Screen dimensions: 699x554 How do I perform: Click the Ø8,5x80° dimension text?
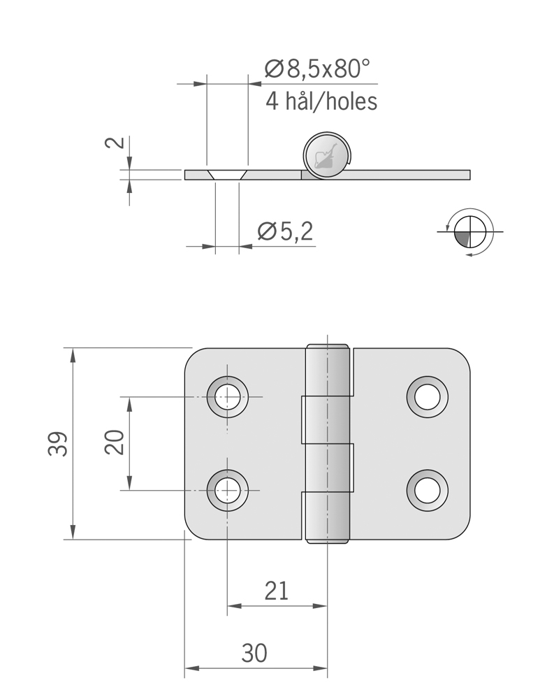point(316,69)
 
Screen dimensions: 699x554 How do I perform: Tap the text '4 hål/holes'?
point(321,101)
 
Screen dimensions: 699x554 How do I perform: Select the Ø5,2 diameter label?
point(285,231)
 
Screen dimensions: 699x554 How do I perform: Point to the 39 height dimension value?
point(59,444)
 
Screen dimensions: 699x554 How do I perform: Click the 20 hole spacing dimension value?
point(115,442)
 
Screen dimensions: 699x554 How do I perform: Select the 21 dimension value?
point(277,591)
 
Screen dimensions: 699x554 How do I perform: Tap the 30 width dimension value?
point(254,654)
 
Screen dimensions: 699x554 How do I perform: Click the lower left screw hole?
point(227,490)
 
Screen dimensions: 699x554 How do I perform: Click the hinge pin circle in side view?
point(328,155)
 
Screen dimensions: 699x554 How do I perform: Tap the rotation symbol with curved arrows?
point(469,231)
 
